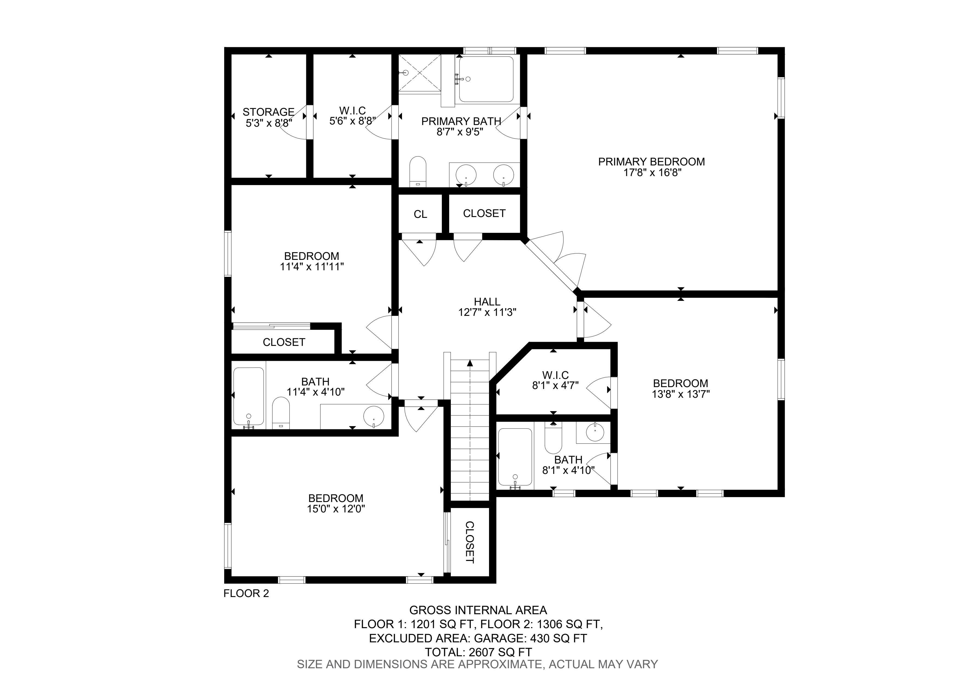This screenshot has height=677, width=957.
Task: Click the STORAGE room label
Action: (268, 112)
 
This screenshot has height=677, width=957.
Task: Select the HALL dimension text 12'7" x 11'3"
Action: (487, 312)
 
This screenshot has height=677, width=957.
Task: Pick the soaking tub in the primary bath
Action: (486, 79)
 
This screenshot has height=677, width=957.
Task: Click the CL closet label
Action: (420, 214)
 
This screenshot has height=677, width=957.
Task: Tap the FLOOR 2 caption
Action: (246, 593)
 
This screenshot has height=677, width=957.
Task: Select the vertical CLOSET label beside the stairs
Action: (470, 542)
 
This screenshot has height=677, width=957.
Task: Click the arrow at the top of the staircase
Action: (470, 363)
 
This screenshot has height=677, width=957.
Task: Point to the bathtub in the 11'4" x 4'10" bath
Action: (248, 397)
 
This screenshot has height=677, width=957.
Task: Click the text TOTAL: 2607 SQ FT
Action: (478, 652)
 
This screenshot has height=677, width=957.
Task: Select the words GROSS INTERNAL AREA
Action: (478, 610)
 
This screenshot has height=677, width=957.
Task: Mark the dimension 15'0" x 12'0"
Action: (336, 509)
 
